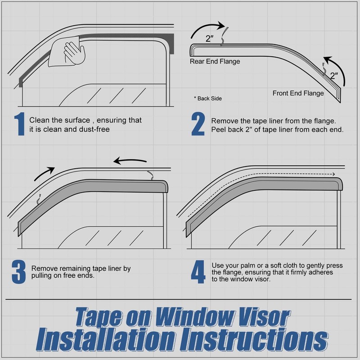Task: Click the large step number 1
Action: click(19, 125)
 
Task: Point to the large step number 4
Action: click(198, 273)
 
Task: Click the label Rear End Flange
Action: click(215, 61)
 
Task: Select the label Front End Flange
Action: click(298, 94)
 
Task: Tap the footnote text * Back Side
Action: click(207, 98)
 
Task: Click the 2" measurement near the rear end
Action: click(210, 39)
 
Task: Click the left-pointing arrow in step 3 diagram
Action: click(130, 161)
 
